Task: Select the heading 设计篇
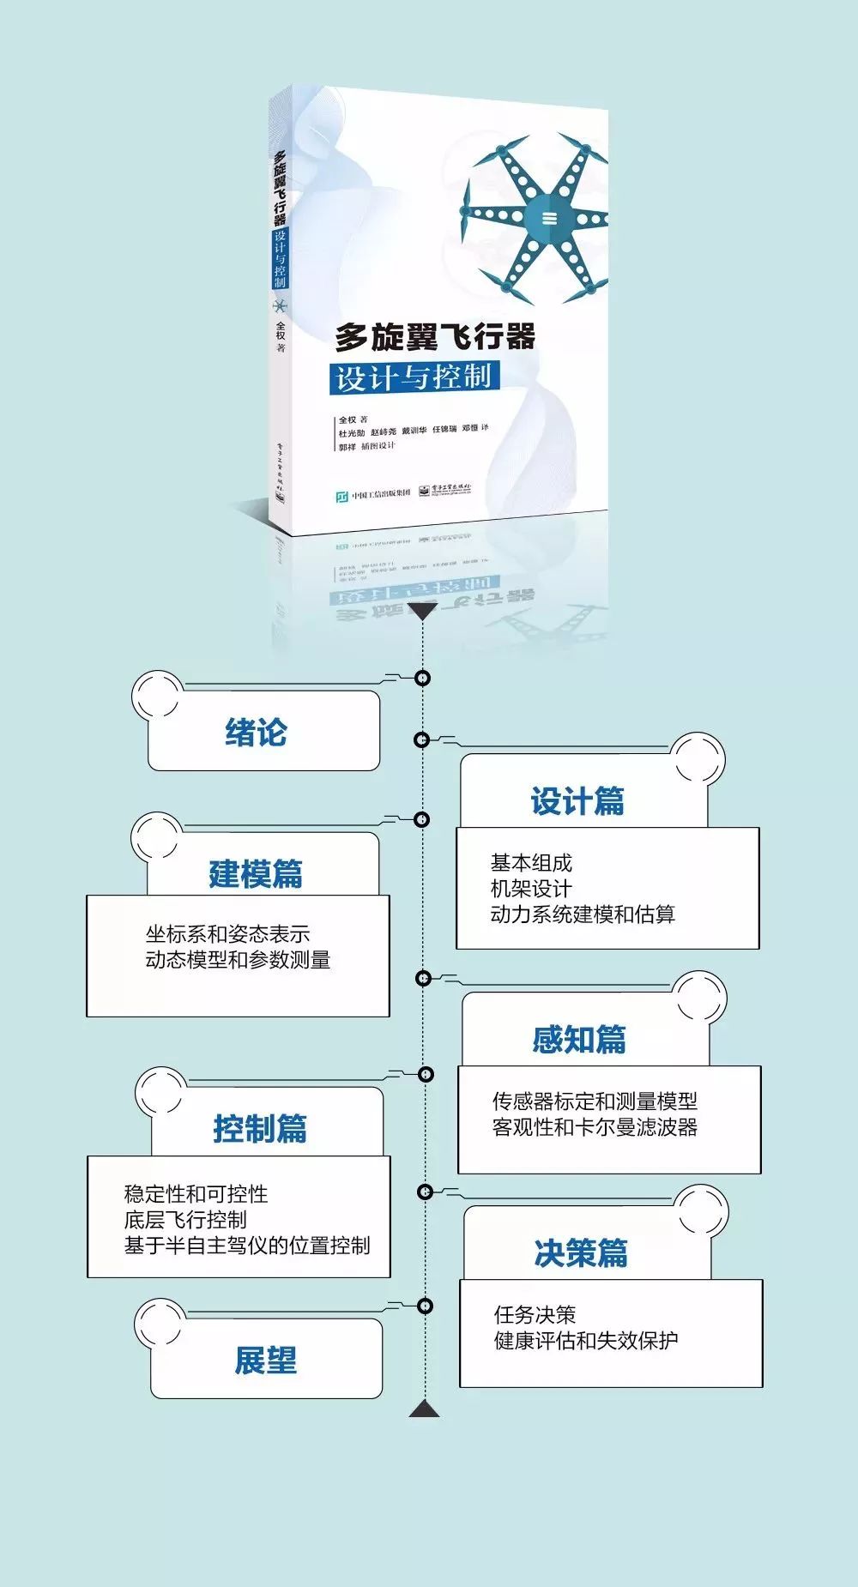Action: [x=577, y=801]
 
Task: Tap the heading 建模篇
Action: [x=256, y=874]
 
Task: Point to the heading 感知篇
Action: [x=579, y=1040]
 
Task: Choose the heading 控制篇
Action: [x=260, y=1128]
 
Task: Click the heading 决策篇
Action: [x=581, y=1253]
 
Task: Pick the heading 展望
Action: [x=266, y=1361]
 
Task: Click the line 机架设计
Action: [x=530, y=889]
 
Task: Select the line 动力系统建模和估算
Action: [x=583, y=914]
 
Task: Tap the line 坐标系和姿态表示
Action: [x=227, y=934]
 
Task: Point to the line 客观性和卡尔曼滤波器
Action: [x=595, y=1127]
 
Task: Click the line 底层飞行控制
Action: [x=185, y=1220]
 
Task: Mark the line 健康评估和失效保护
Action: [x=586, y=1341]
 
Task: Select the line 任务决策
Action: [x=535, y=1315]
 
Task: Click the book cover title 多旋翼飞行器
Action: [x=435, y=337]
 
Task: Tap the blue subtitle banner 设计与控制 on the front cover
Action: [x=414, y=377]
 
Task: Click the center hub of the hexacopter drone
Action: [x=549, y=218]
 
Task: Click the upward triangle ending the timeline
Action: [x=424, y=1408]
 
